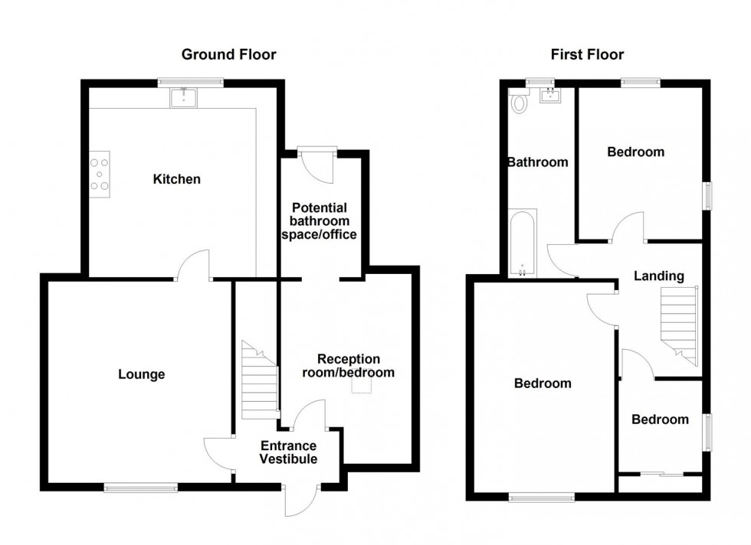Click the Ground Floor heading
(228, 54)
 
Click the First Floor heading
(587, 54)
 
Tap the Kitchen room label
(177, 179)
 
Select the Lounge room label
(141, 374)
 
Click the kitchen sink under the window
(185, 96)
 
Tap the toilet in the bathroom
(519, 102)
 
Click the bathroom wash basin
(551, 96)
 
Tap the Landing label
(658, 276)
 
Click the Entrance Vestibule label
(288, 452)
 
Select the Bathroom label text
(537, 162)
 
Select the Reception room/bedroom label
(349, 366)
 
